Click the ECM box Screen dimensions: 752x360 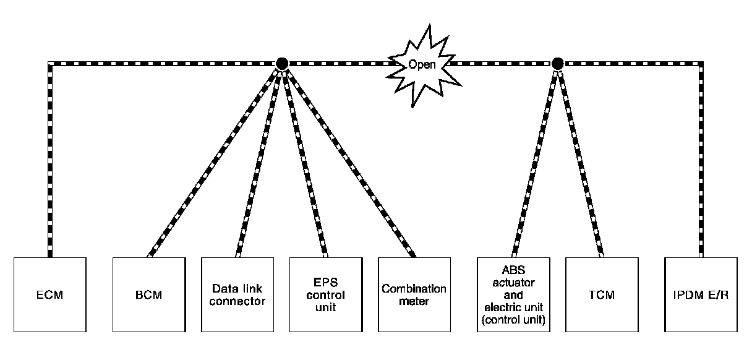point(50,294)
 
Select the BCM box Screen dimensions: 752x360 point(149,294)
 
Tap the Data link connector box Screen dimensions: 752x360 point(237,294)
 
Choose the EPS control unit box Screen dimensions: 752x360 point(326,294)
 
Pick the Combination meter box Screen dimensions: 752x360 point(414,294)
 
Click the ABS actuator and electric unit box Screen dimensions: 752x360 point(514,294)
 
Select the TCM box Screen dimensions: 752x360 point(602,294)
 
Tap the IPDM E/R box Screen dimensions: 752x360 point(701,294)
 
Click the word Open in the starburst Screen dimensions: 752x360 point(422,64)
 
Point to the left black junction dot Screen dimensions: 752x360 point(282,64)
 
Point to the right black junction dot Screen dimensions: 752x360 point(558,64)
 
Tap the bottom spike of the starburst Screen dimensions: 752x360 point(412,108)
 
